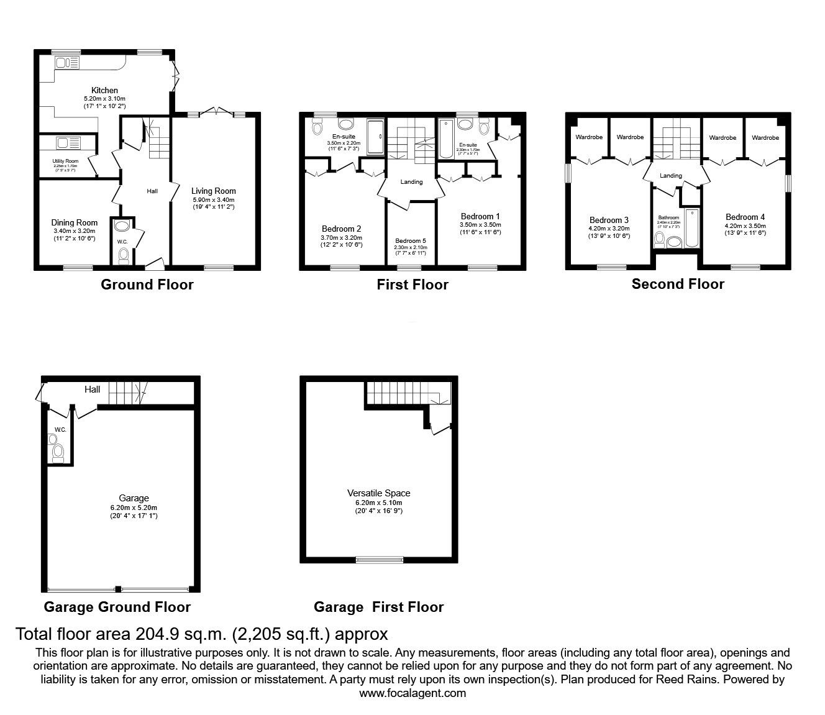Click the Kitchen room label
click(104, 90)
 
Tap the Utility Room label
click(65, 161)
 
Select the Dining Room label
click(74, 222)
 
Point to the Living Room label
click(213, 191)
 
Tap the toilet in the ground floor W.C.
click(123, 255)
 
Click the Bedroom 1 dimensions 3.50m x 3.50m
click(480, 225)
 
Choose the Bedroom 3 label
click(609, 220)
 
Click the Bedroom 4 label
click(745, 217)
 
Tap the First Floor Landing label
click(411, 182)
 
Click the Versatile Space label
click(378, 493)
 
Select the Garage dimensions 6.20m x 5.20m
click(134, 507)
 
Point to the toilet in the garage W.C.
click(58, 452)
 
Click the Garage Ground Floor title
click(117, 607)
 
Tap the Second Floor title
click(678, 284)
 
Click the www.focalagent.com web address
click(412, 693)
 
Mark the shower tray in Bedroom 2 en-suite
click(376, 137)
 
